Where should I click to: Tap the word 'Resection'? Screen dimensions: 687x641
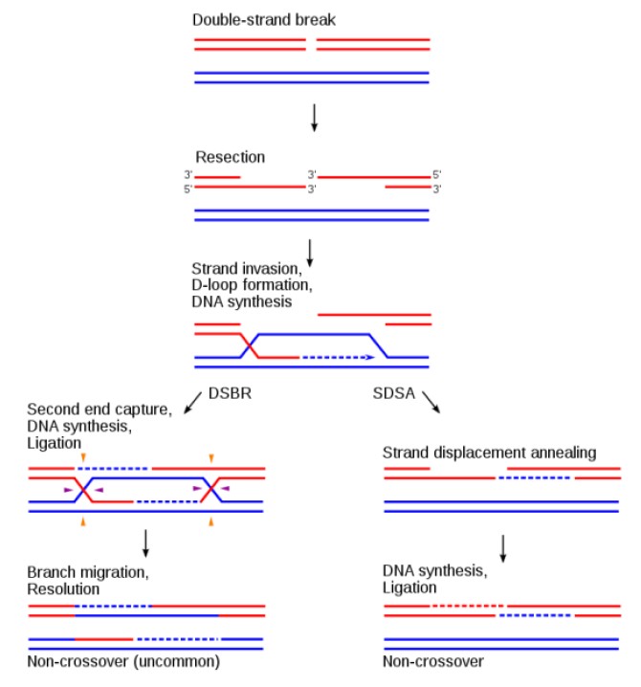[231, 156]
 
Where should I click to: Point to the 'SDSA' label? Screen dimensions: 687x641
[391, 391]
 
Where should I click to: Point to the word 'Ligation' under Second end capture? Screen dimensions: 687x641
[55, 444]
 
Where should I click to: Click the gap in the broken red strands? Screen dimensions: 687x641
[312, 44]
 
